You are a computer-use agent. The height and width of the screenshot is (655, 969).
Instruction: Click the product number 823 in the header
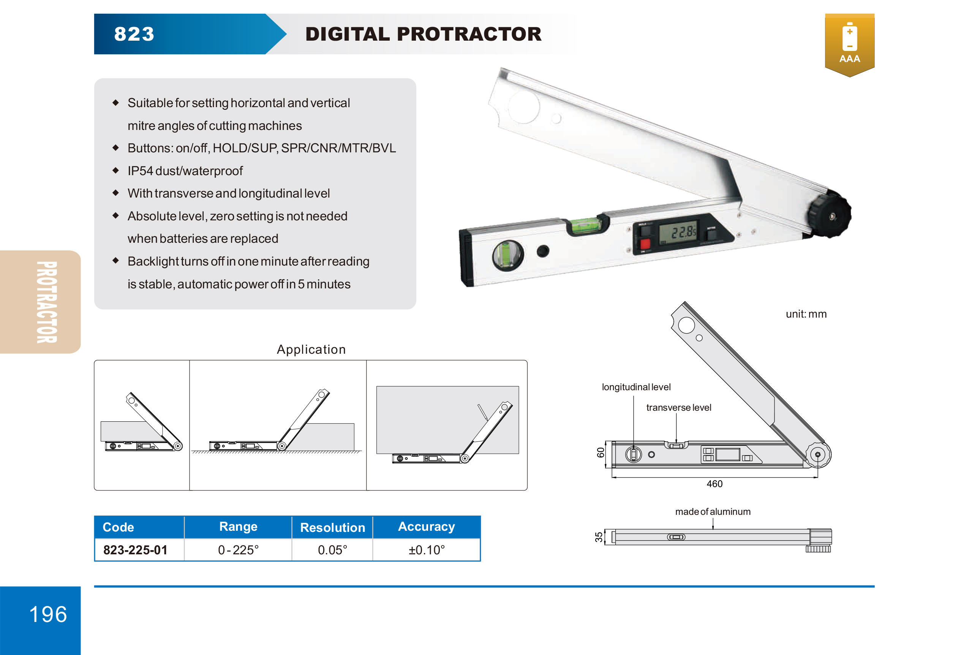pyautogui.click(x=134, y=34)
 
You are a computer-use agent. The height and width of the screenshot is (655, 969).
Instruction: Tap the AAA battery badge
pyautogui.click(x=849, y=44)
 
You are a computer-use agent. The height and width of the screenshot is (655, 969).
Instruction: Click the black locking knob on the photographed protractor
pyautogui.click(x=829, y=215)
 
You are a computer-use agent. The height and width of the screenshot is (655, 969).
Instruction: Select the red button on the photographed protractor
pyautogui.click(x=645, y=244)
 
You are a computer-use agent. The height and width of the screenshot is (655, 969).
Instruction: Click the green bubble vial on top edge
pyautogui.click(x=586, y=225)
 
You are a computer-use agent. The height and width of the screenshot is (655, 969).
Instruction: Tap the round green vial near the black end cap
pyautogui.click(x=507, y=255)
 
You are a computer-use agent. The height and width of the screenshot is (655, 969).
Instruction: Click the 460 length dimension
pyautogui.click(x=714, y=484)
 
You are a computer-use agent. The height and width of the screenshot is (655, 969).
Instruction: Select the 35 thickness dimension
pyautogui.click(x=599, y=537)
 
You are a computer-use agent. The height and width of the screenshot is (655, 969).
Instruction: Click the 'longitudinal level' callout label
pyautogui.click(x=636, y=387)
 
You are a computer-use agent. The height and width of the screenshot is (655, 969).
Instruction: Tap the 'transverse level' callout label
pyautogui.click(x=678, y=407)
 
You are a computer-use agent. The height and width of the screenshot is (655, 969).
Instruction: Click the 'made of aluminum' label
pyautogui.click(x=713, y=511)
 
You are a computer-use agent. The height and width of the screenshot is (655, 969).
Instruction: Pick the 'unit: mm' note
pyautogui.click(x=806, y=314)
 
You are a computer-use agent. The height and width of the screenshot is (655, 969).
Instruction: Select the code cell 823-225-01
pyautogui.click(x=135, y=550)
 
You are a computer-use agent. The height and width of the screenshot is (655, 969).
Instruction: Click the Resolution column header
pyautogui.click(x=332, y=527)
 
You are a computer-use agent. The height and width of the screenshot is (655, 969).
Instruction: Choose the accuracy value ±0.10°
pyautogui.click(x=426, y=550)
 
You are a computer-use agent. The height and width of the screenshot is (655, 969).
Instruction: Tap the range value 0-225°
pyautogui.click(x=238, y=550)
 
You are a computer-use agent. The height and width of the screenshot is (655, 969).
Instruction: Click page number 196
pyautogui.click(x=48, y=614)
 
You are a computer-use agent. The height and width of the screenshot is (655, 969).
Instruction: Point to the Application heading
pyautogui.click(x=311, y=350)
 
